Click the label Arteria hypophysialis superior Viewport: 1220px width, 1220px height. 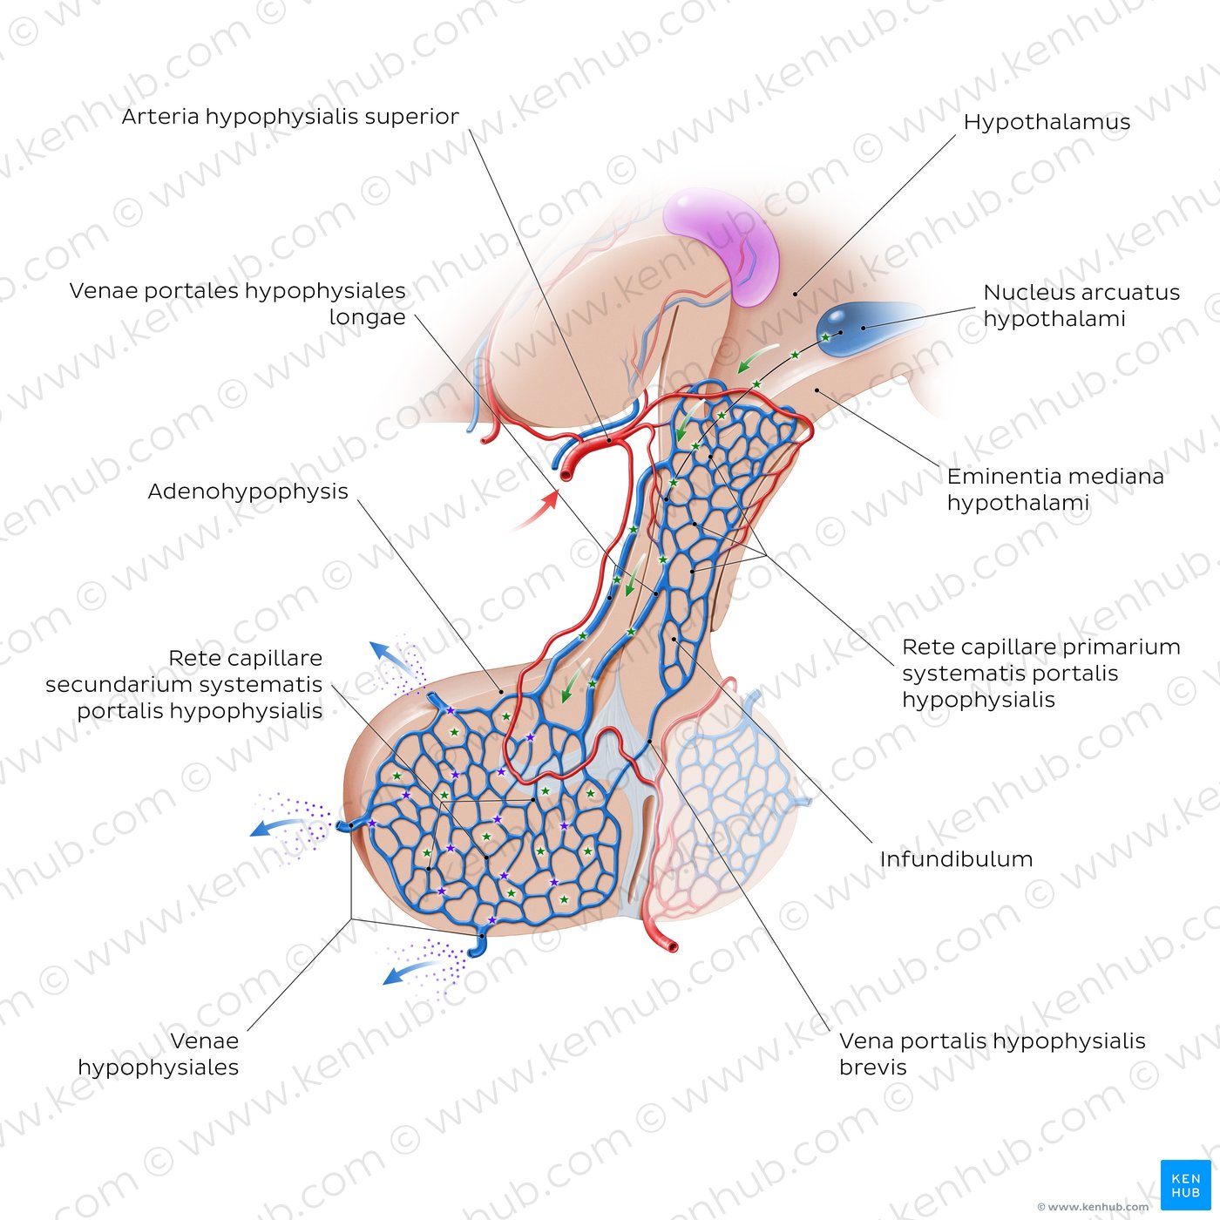point(290,117)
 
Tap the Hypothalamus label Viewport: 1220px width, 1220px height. point(1047,122)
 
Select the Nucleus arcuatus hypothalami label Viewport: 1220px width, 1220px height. point(1081,305)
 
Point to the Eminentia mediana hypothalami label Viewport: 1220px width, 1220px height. point(1055,490)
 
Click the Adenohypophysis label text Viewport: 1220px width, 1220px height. point(247,491)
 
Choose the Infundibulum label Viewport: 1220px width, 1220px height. point(956,859)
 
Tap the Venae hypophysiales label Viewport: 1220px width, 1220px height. point(159,1054)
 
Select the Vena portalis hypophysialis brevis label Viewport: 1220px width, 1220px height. point(992,1054)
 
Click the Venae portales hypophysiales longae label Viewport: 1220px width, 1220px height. point(237,304)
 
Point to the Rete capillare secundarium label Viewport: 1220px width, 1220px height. point(184,684)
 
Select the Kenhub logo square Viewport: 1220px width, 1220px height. point(1186,1185)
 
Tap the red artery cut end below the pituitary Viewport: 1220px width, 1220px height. point(671,946)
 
